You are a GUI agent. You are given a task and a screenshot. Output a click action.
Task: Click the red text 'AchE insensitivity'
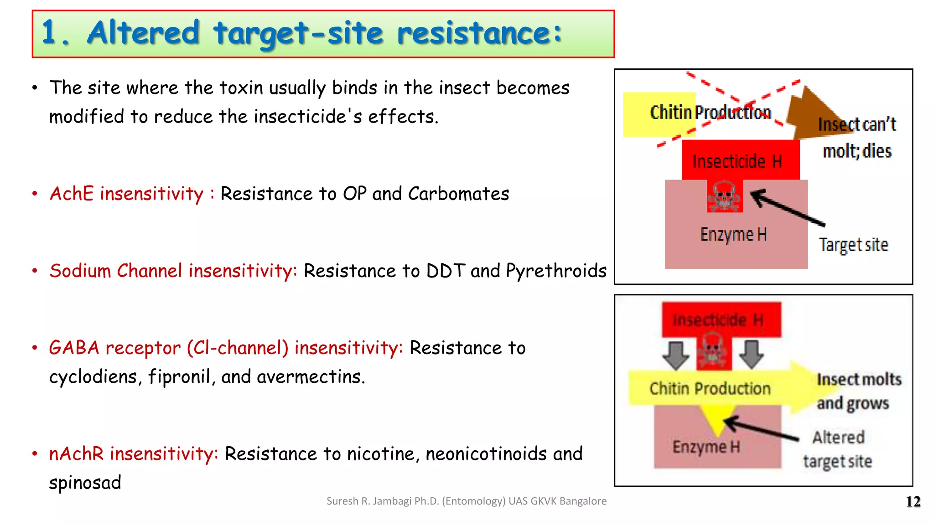pyautogui.click(x=126, y=194)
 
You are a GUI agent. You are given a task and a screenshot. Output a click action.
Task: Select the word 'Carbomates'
pyautogui.click(x=458, y=194)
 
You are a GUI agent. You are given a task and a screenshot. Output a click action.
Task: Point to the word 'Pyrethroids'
pyautogui.click(x=556, y=271)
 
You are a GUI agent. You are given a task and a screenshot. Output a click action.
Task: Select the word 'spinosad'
pyautogui.click(x=85, y=483)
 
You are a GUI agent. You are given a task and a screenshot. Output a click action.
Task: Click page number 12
pyautogui.click(x=913, y=501)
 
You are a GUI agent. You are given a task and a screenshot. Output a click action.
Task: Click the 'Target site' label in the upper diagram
pyautogui.click(x=853, y=245)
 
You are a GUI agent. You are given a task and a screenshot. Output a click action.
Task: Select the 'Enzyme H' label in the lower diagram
pyautogui.click(x=706, y=447)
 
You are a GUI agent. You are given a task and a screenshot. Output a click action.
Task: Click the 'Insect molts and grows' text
pyautogui.click(x=858, y=391)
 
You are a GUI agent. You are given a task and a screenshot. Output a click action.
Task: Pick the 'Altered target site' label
pyautogui.click(x=838, y=449)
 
